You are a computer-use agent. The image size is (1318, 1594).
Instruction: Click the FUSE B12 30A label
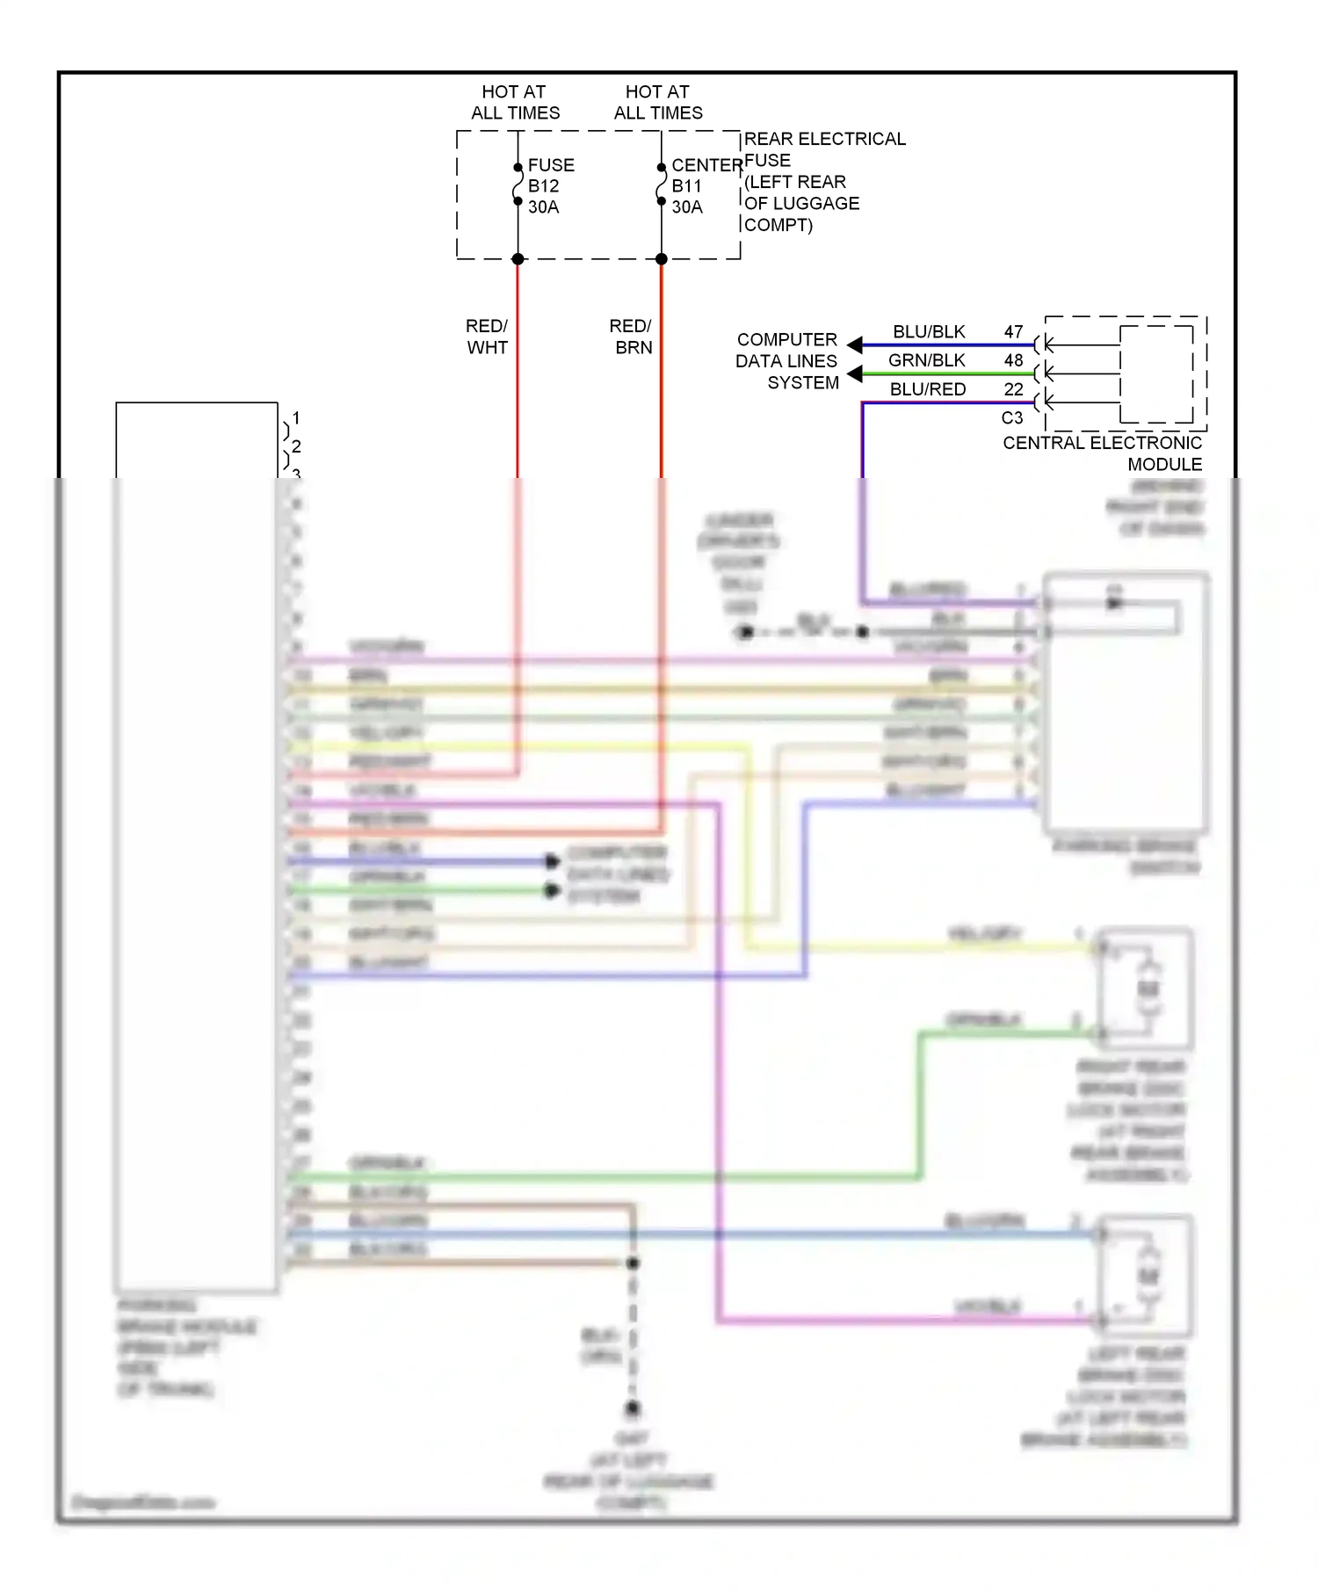[550, 186]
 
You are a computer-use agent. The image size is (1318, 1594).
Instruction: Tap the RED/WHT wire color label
[487, 337]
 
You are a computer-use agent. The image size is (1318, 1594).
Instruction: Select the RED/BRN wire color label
[631, 337]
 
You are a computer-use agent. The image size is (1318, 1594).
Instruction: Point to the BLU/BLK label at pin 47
[929, 332]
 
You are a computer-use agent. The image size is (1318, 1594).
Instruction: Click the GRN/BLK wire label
[926, 360]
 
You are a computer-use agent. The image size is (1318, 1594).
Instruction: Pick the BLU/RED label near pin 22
[927, 389]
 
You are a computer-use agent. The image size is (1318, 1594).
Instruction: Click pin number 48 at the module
[1013, 360]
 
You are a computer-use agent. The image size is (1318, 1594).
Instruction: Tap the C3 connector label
[1011, 418]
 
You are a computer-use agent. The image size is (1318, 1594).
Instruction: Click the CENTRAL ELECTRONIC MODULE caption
[1104, 453]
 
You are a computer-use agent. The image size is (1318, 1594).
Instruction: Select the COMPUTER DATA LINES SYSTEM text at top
[787, 361]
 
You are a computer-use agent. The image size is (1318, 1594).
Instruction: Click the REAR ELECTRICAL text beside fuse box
[824, 139]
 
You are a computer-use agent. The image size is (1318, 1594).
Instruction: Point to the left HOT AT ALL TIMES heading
[515, 102]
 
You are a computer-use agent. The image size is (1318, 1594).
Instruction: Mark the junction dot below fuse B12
[518, 259]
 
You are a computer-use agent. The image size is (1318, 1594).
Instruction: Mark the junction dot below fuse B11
[662, 259]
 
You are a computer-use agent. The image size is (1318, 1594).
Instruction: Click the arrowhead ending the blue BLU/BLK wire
[854, 345]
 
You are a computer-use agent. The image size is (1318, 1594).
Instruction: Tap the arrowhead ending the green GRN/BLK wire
[854, 375]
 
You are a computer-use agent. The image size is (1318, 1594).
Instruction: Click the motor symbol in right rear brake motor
[1148, 989]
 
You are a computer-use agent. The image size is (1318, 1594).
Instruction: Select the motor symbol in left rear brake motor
[1148, 1276]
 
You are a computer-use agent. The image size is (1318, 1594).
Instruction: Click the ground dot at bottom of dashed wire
[633, 1409]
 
